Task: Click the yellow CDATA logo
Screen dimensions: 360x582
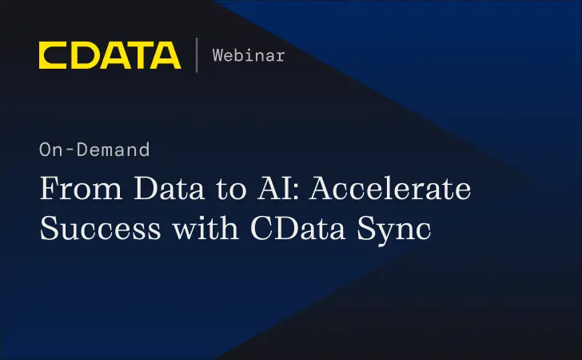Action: (x=110, y=54)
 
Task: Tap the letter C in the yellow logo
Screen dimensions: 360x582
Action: (x=54, y=54)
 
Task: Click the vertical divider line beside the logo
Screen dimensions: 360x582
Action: (x=196, y=54)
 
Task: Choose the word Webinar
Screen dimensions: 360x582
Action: (x=248, y=55)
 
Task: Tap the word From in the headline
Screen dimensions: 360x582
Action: (x=76, y=192)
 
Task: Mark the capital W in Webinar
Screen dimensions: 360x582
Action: (x=217, y=55)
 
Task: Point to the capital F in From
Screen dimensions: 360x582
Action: (x=49, y=192)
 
